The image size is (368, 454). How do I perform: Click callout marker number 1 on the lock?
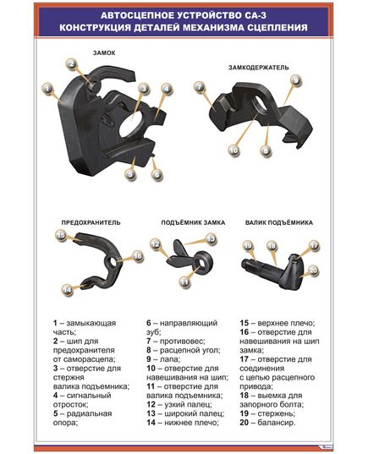[x=47, y=86]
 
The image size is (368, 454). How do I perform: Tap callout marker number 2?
[x=72, y=64]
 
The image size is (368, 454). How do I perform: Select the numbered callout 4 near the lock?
[x=167, y=88]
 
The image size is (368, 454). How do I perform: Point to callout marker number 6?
[x=157, y=174]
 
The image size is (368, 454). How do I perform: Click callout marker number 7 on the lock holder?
[x=199, y=86]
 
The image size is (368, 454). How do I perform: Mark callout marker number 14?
[x=66, y=290]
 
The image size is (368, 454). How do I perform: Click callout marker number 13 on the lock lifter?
[x=212, y=239]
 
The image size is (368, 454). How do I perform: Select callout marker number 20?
[x=312, y=270]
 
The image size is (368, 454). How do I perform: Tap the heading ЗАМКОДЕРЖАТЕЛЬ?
[x=258, y=66]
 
